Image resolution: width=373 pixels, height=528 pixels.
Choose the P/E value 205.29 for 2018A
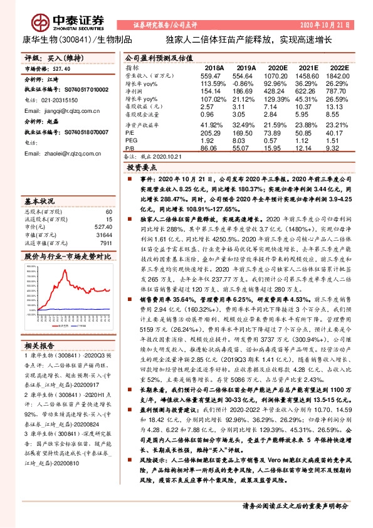(210, 133)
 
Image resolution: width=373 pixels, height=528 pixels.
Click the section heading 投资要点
(143, 169)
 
